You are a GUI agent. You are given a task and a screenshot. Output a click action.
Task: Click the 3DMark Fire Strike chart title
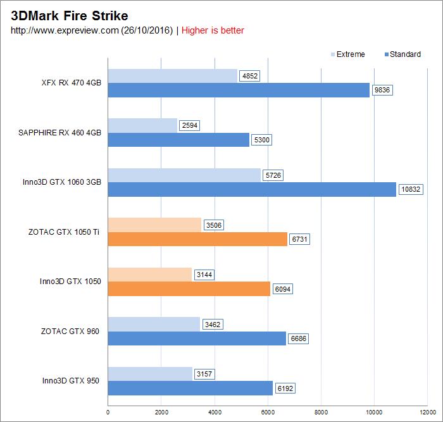click(70, 16)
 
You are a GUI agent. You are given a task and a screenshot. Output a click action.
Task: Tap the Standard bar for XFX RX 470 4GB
click(239, 90)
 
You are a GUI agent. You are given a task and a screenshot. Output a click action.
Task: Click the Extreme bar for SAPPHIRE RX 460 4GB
click(142, 125)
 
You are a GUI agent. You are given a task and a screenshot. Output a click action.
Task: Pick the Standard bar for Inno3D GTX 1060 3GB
click(252, 189)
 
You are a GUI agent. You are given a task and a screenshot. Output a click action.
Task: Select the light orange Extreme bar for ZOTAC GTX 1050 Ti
click(154, 225)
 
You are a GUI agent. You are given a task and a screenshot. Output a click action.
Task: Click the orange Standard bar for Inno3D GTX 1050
click(189, 289)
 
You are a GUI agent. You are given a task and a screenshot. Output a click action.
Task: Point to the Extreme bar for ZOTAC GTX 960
click(154, 325)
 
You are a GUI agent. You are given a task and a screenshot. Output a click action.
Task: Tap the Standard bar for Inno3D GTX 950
click(190, 388)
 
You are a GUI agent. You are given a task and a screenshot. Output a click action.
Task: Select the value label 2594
click(189, 125)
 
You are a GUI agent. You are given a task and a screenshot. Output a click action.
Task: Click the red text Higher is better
click(213, 30)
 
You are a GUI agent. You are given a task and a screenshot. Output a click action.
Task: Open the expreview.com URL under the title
click(92, 30)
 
